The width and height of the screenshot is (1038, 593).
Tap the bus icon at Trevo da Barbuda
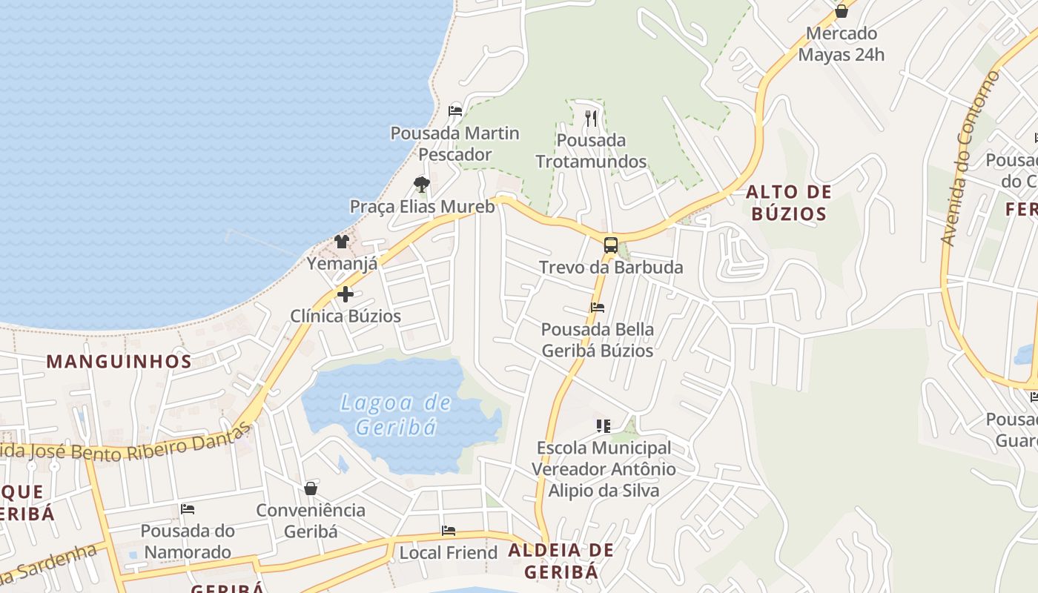point(611,245)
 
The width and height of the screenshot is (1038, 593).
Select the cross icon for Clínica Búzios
point(345,294)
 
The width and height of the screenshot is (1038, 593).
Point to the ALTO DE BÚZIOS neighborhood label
point(787,203)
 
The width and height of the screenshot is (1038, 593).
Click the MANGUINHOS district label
point(119,362)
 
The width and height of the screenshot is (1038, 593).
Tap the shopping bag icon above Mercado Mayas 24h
point(842,11)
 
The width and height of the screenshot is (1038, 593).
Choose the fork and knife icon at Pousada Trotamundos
point(591,118)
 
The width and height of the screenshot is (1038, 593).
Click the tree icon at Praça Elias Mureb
point(422,185)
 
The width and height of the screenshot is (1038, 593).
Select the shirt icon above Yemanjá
point(342,241)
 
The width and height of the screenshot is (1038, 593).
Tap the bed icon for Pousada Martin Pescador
point(455,111)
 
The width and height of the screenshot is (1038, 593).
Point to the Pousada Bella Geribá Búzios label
point(598,339)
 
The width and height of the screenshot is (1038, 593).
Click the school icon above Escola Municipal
point(604,426)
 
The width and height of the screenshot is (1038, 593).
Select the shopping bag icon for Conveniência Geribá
point(311,488)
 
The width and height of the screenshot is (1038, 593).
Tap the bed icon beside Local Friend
point(449,531)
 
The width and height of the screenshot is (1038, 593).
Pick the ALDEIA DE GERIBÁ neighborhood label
point(561,560)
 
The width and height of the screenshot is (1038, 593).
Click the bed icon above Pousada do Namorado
point(188,509)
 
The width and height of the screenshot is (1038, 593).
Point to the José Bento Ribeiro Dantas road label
point(126,446)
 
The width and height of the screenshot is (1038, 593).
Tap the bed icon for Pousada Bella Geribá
point(598,308)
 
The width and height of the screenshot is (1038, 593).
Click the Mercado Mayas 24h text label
point(842,44)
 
